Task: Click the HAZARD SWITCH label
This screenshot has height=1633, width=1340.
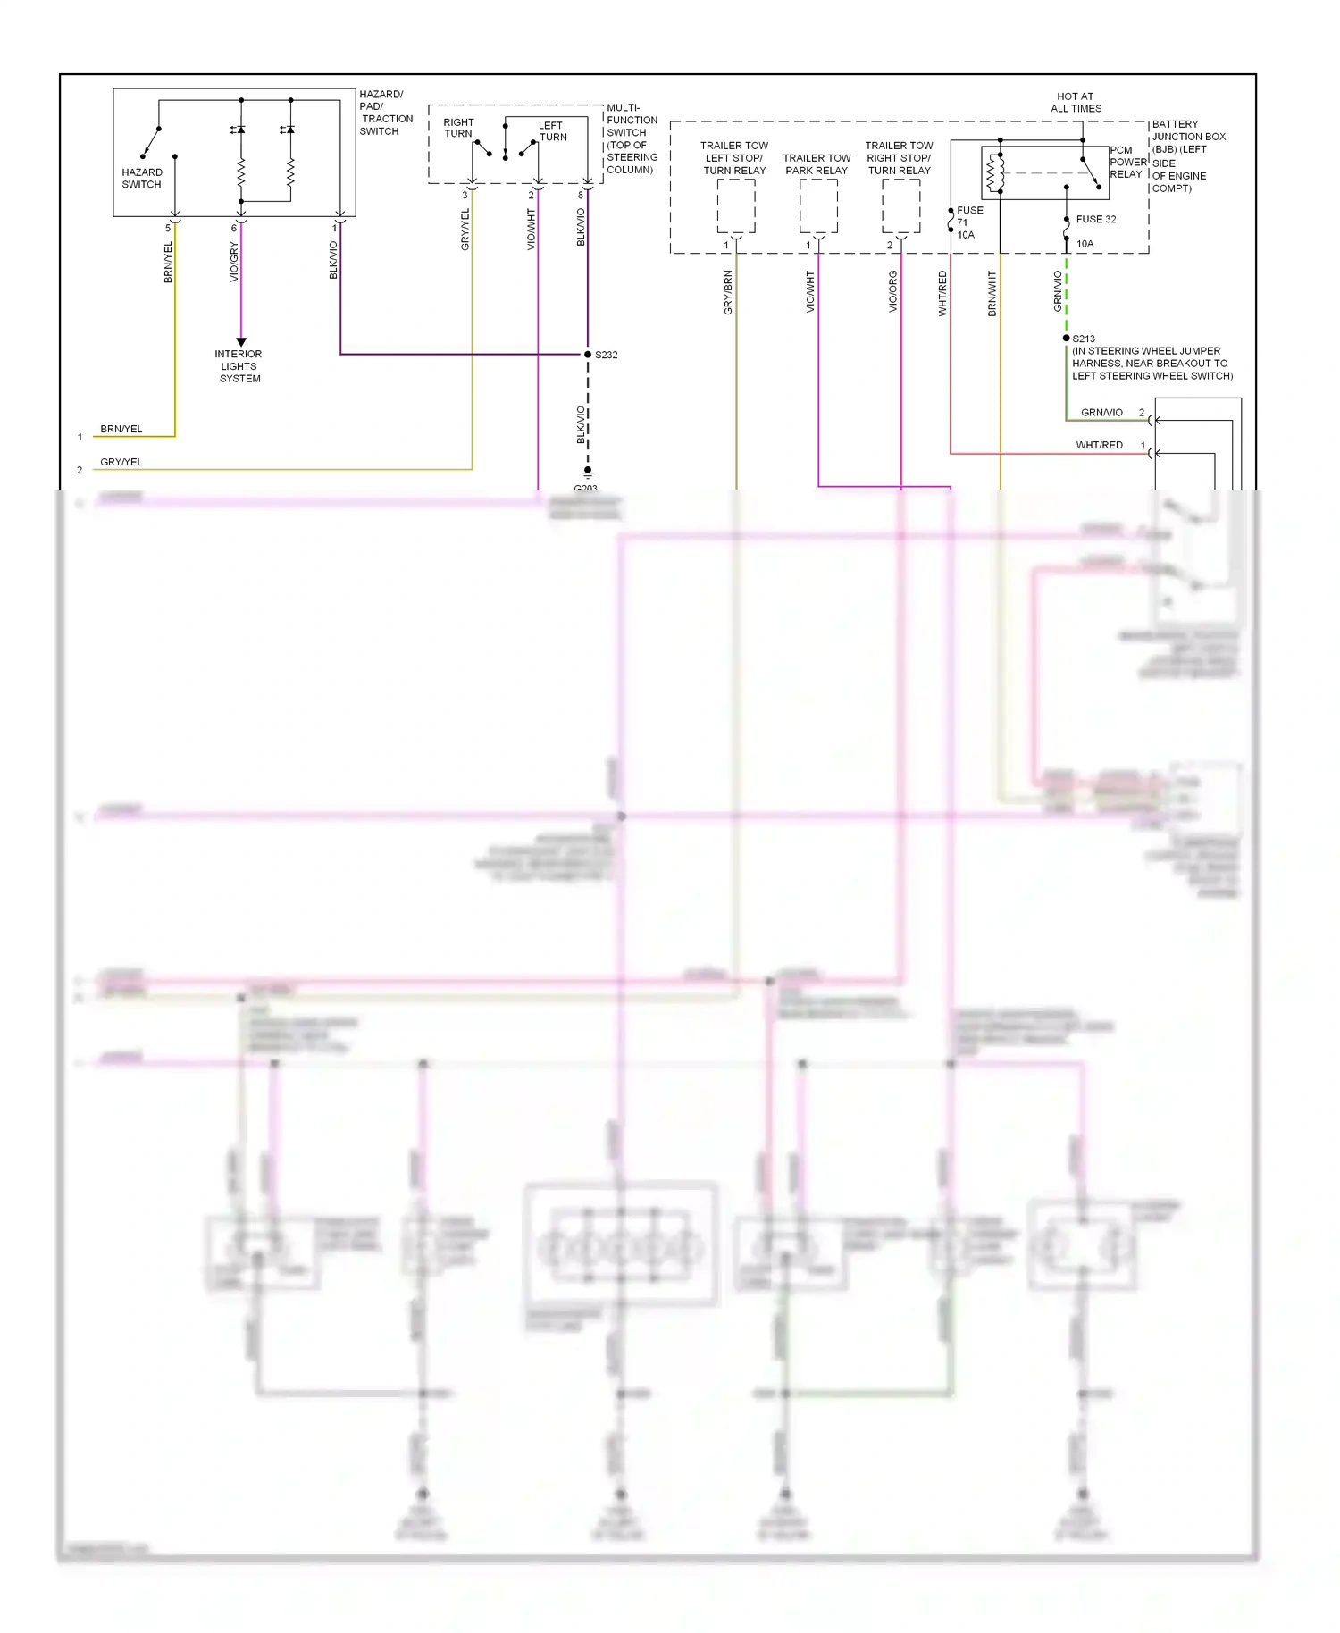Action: tap(142, 178)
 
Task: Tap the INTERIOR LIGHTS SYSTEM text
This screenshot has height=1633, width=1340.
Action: tap(239, 366)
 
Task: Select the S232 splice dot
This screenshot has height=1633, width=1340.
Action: tap(588, 355)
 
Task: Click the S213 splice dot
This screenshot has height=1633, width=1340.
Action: tap(1066, 339)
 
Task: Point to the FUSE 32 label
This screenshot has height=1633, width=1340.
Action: tap(1095, 219)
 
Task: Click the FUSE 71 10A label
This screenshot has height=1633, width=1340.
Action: tap(968, 222)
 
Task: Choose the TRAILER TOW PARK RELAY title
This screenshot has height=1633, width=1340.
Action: tap(817, 164)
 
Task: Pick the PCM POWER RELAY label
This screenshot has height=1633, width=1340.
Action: tap(1126, 163)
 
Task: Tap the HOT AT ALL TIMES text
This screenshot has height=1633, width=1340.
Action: tap(1076, 103)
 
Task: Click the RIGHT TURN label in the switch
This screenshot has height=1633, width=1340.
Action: tap(458, 128)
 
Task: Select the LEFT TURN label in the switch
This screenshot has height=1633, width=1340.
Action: tap(552, 131)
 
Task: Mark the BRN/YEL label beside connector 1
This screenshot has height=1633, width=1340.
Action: tap(121, 429)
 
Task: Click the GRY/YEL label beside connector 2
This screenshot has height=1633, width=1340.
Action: tap(121, 462)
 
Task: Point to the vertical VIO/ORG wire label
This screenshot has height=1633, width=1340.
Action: tap(892, 291)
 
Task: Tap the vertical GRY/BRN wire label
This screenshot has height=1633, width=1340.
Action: tap(728, 291)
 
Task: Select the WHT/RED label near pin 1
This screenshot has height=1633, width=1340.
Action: tap(1099, 445)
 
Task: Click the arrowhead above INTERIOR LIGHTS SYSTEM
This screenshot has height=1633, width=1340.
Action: tap(241, 342)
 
